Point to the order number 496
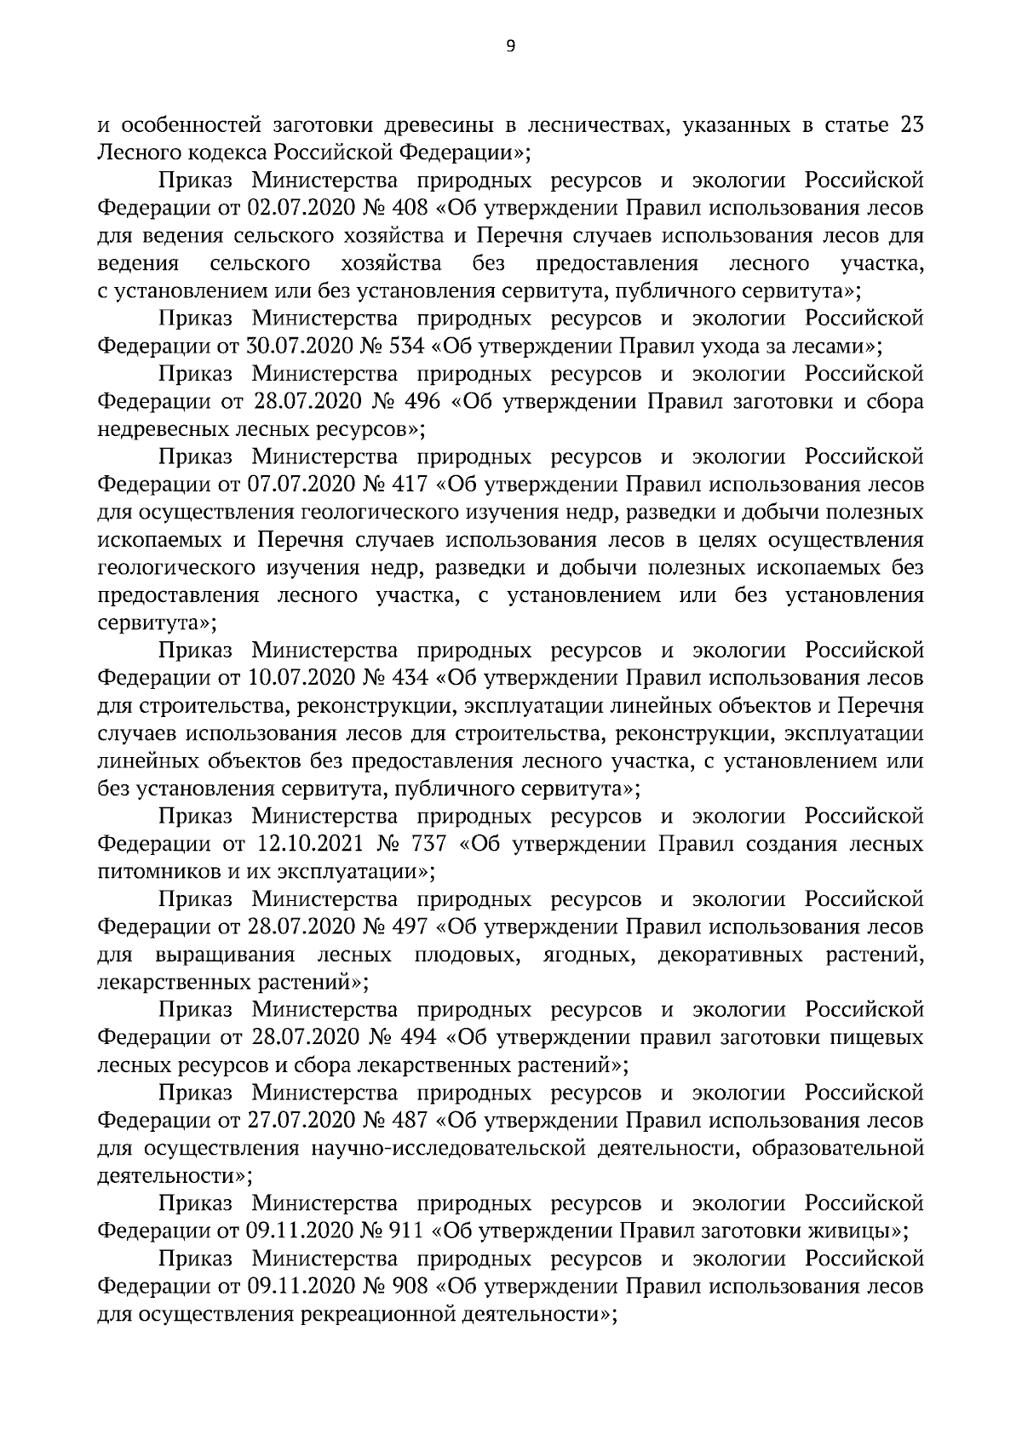pyautogui.click(x=422, y=402)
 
